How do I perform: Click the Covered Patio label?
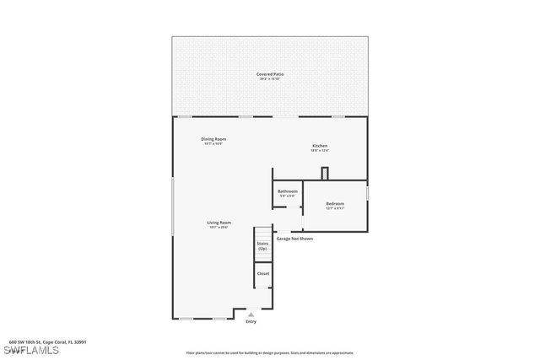pyautogui.click(x=270, y=74)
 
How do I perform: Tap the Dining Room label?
pyautogui.click(x=213, y=139)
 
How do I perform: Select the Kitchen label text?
pyautogui.click(x=320, y=146)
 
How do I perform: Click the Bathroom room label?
pyautogui.click(x=287, y=191)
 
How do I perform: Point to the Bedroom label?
pyautogui.click(x=335, y=203)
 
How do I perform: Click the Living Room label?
pyautogui.click(x=219, y=223)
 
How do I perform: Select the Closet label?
pyautogui.click(x=263, y=274)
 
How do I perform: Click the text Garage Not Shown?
pyautogui.click(x=294, y=239)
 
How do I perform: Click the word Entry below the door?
pyautogui.click(x=251, y=322)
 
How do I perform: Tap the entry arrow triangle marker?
pyautogui.click(x=251, y=314)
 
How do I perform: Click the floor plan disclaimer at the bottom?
pyautogui.click(x=270, y=353)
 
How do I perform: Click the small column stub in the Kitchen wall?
pyautogui.click(x=324, y=173)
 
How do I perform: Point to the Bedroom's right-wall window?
pyautogui.click(x=368, y=193)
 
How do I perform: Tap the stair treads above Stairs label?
pyautogui.click(x=262, y=234)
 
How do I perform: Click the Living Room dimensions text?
pyautogui.click(x=219, y=228)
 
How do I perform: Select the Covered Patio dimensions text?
pyautogui.click(x=270, y=79)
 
